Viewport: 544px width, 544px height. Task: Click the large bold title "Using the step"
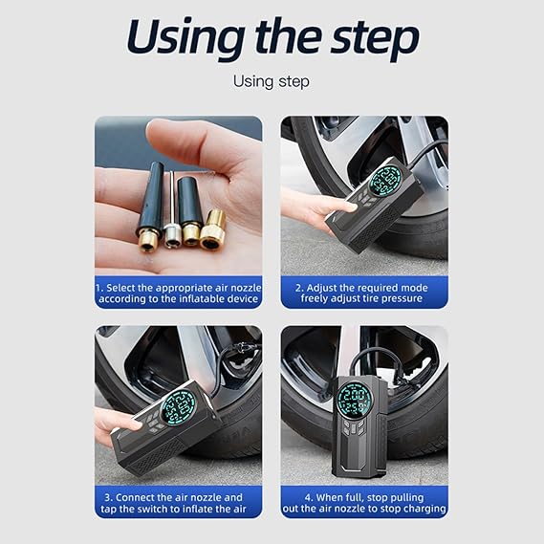pyautogui.click(x=272, y=38)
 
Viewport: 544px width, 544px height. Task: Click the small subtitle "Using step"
pyautogui.click(x=272, y=82)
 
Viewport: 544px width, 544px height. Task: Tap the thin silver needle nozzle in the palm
pyautogui.click(x=172, y=209)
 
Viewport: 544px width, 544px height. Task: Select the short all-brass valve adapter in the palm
pyautogui.click(x=212, y=229)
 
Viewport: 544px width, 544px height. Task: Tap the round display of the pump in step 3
pyautogui.click(x=178, y=407)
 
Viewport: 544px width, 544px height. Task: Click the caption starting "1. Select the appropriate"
pyautogui.click(x=179, y=294)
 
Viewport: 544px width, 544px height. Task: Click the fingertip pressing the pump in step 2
pyautogui.click(x=351, y=207)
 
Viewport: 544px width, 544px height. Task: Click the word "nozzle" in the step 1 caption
pyautogui.click(x=246, y=288)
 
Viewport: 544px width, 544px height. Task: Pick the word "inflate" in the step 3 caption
pyautogui.click(x=197, y=509)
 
